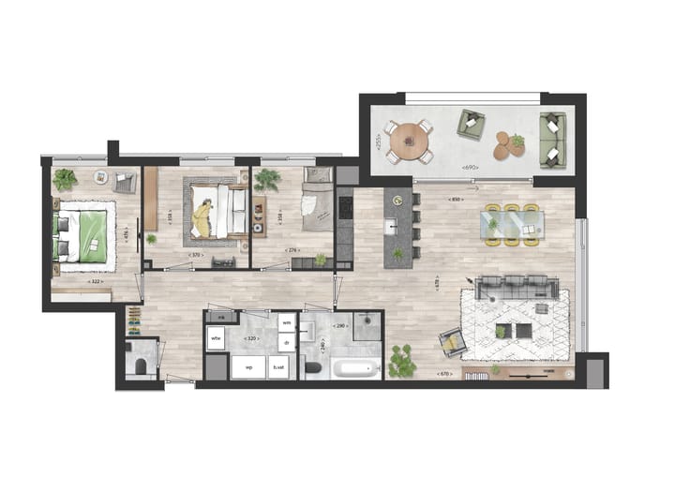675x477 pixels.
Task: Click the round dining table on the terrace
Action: point(410,141)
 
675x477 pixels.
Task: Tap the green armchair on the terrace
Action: point(472,125)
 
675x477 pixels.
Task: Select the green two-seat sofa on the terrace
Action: point(552,140)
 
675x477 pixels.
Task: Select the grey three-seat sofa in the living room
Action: point(514,286)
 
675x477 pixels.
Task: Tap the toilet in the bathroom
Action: point(312,368)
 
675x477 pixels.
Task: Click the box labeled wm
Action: point(287,323)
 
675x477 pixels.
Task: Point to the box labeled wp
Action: point(249,368)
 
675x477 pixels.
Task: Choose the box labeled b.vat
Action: point(279,368)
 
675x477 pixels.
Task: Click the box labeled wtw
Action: point(216,337)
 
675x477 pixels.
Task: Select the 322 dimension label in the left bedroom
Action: point(94,281)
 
